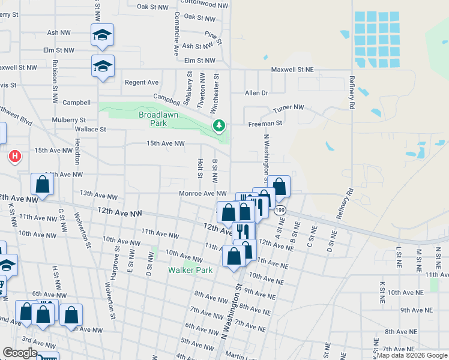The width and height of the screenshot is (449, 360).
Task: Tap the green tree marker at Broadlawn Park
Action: (x=219, y=126)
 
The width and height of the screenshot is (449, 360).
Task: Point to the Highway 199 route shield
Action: (x=280, y=210)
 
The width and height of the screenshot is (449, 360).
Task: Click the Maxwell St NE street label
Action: (x=292, y=70)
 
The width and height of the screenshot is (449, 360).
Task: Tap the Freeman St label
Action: (x=265, y=123)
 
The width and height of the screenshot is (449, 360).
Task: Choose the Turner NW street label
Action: (x=289, y=108)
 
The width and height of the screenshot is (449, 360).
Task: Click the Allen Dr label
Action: (x=256, y=93)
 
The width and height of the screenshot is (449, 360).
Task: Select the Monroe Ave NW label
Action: (x=203, y=193)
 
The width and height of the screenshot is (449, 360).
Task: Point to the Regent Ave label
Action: (x=141, y=82)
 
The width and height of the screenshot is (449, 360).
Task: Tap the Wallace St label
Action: (x=90, y=129)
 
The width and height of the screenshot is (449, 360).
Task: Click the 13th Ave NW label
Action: (x=99, y=194)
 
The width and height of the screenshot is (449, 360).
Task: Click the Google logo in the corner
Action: (x=20, y=353)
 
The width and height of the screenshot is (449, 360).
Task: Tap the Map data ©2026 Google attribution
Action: (x=412, y=355)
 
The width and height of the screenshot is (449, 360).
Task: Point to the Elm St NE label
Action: (x=200, y=61)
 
